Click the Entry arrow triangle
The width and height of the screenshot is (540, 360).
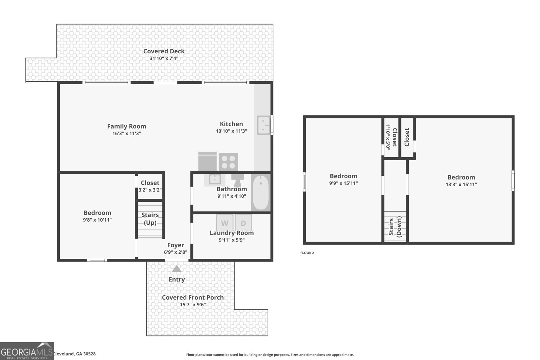pos(177,269)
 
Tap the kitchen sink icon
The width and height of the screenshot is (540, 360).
pos(264,125)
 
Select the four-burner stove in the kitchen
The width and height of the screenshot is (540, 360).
pos(228,162)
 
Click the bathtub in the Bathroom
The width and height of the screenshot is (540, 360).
pos(261,193)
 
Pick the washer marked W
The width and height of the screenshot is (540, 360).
pos(224,223)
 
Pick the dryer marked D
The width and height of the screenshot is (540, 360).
pos(243,223)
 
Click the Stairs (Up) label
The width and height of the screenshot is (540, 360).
pos(150,219)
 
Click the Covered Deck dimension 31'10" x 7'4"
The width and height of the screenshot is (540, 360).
pos(164,58)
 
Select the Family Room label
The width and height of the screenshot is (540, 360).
pos(127,126)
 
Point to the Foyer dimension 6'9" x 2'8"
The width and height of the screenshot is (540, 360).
pos(175,252)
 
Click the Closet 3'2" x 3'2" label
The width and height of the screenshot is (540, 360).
pos(150,183)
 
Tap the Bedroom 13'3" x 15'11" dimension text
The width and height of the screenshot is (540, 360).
pos(461,184)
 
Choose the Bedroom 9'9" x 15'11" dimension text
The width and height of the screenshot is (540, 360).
pos(343,183)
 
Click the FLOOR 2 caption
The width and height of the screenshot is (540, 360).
pos(307,253)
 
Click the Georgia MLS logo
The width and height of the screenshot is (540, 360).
pos(27,351)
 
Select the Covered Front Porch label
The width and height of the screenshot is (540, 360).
pos(193,297)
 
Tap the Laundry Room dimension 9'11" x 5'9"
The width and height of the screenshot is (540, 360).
pos(232,240)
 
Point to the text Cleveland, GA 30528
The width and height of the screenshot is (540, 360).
pos(74,354)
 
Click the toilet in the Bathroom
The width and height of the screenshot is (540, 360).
pos(238,179)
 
